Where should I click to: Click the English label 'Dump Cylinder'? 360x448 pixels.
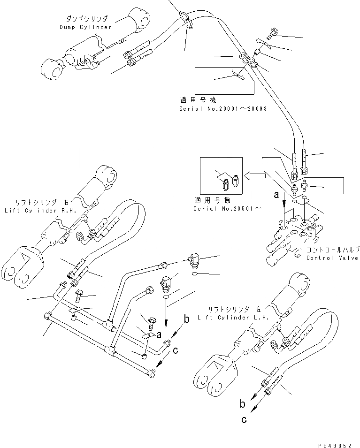click(x=86, y=27)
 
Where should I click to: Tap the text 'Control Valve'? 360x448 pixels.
click(x=332, y=258)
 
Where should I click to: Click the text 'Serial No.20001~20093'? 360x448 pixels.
click(x=223, y=108)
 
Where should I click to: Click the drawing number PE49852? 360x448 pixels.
click(x=334, y=442)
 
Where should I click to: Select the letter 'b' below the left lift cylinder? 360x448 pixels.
click(x=243, y=403)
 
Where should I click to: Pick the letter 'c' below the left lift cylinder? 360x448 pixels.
click(x=244, y=420)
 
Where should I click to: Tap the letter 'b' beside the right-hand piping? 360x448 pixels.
click(x=186, y=319)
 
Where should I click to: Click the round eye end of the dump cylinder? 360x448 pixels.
click(x=51, y=72)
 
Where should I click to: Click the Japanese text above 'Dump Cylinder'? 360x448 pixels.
click(x=87, y=19)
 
